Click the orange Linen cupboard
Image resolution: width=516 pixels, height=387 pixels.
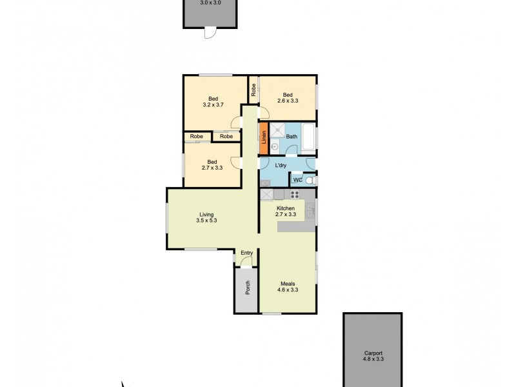263,138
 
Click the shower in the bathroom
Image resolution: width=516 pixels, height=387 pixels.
278,129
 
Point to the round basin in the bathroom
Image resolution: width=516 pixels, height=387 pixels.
274,147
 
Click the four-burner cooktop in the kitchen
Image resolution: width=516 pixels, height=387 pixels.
295,195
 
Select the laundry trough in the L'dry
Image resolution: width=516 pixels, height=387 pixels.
265,183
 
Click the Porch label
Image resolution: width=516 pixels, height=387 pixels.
247,288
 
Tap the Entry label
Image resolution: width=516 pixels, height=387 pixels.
246,252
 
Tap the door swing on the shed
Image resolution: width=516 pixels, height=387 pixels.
210,32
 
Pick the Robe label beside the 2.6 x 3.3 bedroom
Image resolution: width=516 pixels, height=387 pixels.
254,90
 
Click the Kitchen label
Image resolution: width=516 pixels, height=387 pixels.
286,208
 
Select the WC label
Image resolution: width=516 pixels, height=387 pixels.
298,181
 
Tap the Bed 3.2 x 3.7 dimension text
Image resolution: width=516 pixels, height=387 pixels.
213,104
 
